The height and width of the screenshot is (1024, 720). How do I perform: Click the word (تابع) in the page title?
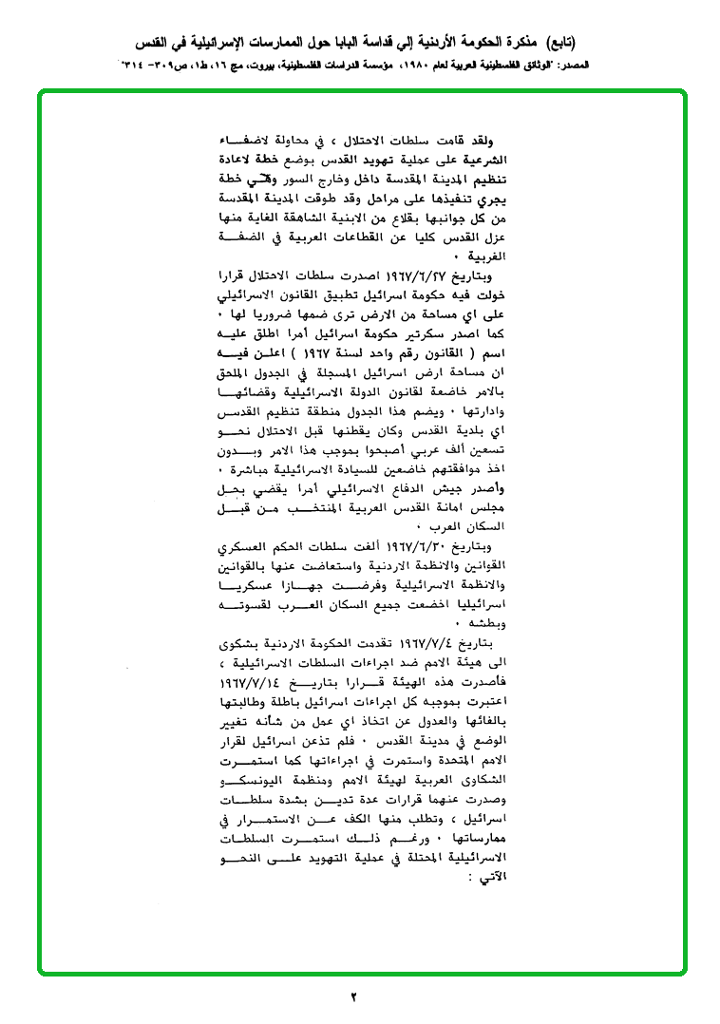[x=558, y=43]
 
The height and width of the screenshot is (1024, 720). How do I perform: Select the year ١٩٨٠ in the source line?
[x=419, y=67]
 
